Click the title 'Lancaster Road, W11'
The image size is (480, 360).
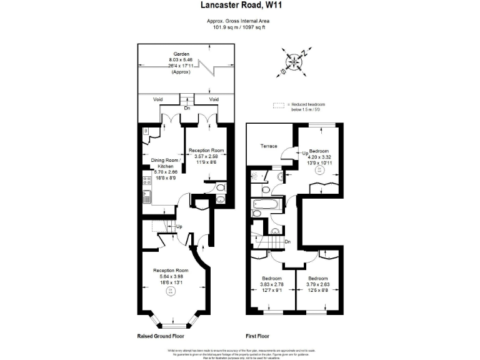click(239, 5)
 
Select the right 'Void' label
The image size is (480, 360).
click(214, 99)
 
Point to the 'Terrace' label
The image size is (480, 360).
click(269, 146)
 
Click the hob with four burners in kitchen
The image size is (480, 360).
click(147, 181)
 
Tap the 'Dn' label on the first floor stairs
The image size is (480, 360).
click(287, 242)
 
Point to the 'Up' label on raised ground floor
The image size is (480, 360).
click(179, 226)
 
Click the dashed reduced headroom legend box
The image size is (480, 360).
click(277, 104)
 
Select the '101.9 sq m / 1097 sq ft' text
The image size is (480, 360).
click(239, 27)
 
